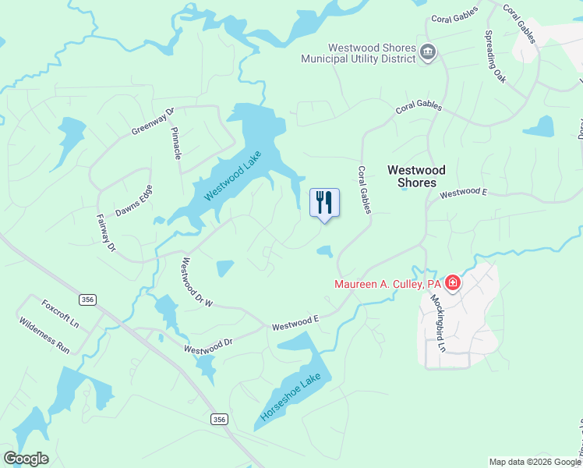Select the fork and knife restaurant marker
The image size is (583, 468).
325,203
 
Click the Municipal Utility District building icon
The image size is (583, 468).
428,52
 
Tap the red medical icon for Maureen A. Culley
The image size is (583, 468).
453,285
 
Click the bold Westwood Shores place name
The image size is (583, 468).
417,176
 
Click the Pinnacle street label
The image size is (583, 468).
177,144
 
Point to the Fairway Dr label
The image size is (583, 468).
105,233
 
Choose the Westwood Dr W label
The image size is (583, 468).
197,282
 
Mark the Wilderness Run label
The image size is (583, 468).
44,336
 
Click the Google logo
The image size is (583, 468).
26,459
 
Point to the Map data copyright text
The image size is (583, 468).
535,462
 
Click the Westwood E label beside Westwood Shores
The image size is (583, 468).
463,192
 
